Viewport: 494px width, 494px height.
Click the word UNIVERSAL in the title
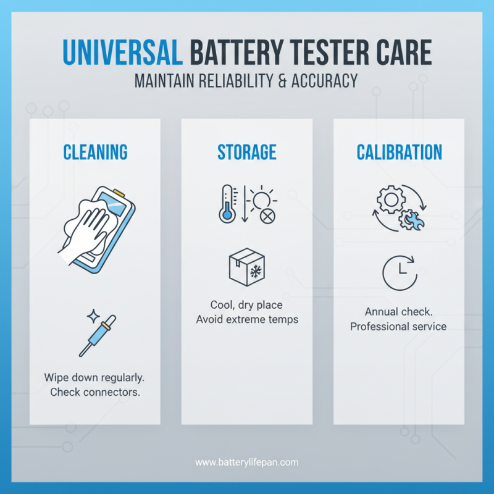[x=122, y=54]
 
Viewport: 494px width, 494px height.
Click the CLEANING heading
[x=95, y=152]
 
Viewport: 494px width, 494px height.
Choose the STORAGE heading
[x=246, y=152]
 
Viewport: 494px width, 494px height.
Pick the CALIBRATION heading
[x=399, y=152]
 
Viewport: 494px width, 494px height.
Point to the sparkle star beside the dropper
[x=91, y=316]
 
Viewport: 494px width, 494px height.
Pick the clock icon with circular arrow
[x=398, y=272]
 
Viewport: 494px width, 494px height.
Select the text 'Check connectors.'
[x=94, y=392]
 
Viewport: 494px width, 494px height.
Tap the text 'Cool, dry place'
[x=246, y=305]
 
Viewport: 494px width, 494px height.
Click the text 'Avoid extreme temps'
[x=246, y=319]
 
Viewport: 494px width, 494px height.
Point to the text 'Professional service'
[x=398, y=326]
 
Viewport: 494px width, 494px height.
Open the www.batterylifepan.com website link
[x=246, y=461]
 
